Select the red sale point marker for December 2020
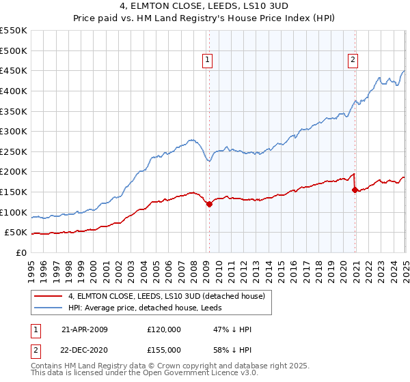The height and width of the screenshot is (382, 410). click(355, 190)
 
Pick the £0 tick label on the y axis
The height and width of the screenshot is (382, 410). click(21, 252)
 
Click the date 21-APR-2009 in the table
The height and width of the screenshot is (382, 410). click(85, 329)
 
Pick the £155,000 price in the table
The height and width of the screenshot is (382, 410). click(163, 349)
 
